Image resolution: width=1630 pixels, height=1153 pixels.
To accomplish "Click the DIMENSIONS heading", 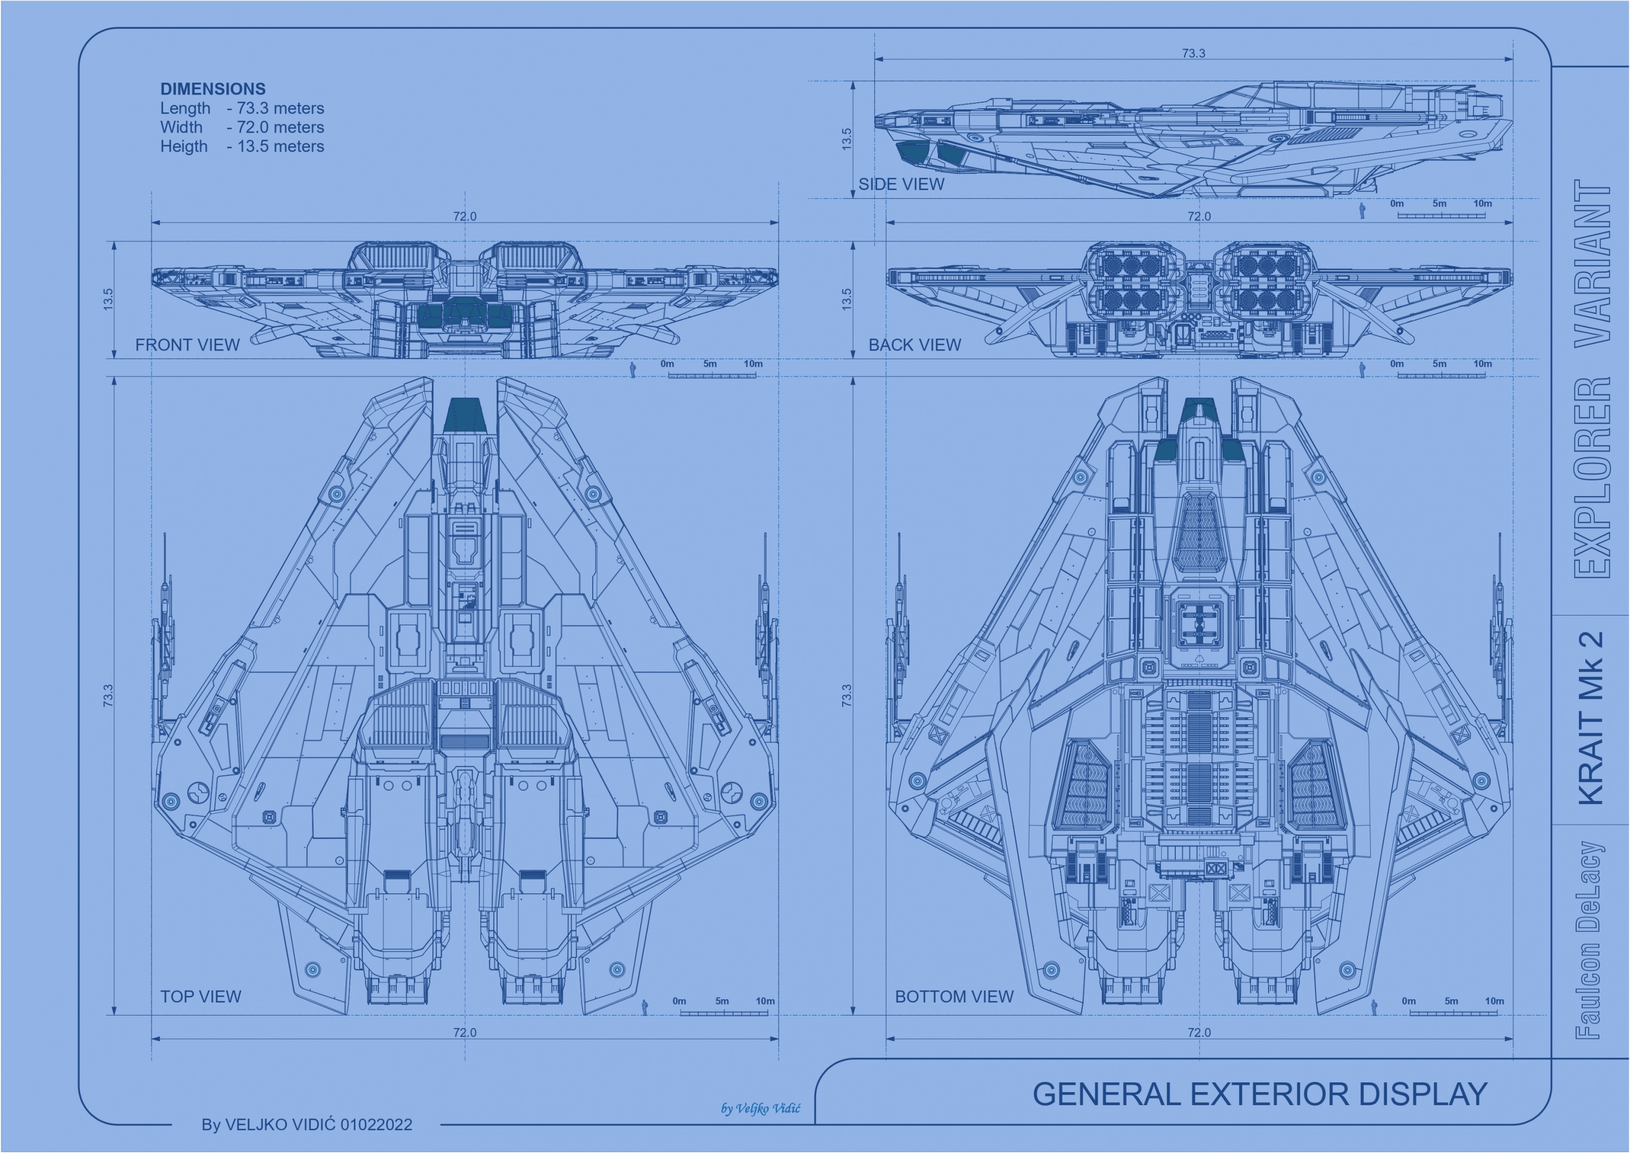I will pos(212,89).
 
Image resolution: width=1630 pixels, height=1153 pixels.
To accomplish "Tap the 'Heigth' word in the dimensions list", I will pos(183,146).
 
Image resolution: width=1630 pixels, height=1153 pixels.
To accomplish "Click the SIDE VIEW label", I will pos(901,184).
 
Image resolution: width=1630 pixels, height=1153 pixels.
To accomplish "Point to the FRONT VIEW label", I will pos(187,344).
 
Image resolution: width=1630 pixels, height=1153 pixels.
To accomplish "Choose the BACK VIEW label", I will pos(914,344).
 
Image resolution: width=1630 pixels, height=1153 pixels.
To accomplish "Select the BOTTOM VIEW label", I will pos(954,996).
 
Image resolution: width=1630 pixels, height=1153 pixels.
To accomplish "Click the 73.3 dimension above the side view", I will pos(1193,53).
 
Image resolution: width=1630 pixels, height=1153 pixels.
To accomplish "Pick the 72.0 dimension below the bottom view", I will pos(1199,1032).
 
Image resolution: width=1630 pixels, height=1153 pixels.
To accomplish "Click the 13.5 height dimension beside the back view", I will pos(846,299).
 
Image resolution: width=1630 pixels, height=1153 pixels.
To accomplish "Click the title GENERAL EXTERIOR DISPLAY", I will pos(1259,1094).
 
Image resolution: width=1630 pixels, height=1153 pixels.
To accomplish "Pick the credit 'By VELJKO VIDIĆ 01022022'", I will pos(306,1125).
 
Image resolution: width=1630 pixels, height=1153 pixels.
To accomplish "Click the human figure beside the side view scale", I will pos(1362,211).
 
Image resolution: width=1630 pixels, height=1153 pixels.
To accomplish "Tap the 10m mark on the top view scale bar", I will pos(764,1001).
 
